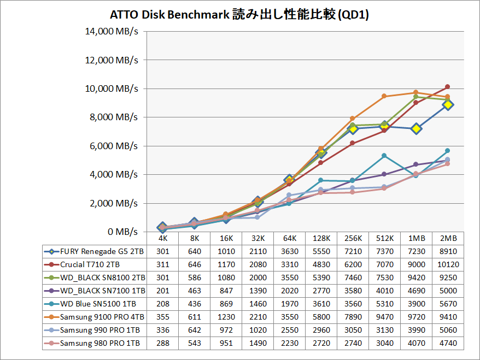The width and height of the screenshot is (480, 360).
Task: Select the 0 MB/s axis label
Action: (x=121, y=232)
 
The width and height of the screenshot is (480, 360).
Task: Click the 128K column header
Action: (x=321, y=239)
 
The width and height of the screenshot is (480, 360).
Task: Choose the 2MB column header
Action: (x=448, y=239)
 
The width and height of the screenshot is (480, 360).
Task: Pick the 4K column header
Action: (x=162, y=239)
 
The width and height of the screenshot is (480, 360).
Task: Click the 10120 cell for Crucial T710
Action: (x=448, y=265)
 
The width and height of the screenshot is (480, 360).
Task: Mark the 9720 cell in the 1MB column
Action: (x=416, y=317)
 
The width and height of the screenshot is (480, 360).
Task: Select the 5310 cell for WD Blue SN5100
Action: (x=384, y=304)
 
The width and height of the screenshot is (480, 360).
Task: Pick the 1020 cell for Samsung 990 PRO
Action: (x=257, y=330)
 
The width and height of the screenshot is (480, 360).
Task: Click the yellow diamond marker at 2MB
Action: (x=448, y=104)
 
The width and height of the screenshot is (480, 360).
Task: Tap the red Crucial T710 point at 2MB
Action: (x=448, y=87)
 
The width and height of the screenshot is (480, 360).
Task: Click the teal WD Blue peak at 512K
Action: (x=384, y=156)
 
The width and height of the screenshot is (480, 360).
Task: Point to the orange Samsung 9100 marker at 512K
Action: (x=384, y=96)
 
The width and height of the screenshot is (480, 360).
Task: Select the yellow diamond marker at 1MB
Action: (x=416, y=128)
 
